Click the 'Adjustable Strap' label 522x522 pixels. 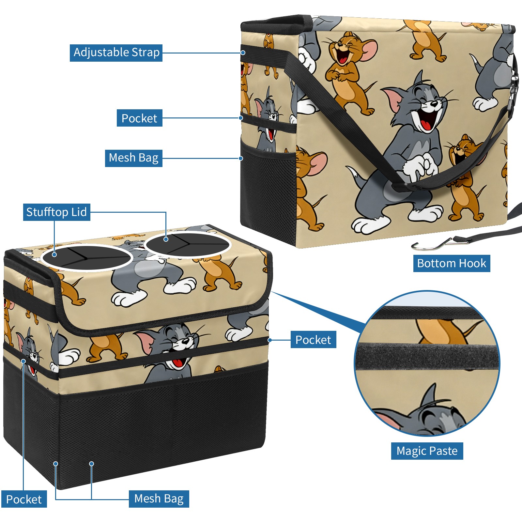(x=116, y=53)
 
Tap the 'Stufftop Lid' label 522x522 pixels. (x=57, y=212)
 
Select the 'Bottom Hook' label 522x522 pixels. (x=452, y=263)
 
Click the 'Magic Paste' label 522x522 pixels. (x=427, y=451)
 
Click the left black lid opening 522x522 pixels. (x=87, y=258)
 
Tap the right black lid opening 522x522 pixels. (x=188, y=245)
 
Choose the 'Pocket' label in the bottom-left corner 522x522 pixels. (x=24, y=499)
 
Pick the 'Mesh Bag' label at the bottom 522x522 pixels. (x=159, y=499)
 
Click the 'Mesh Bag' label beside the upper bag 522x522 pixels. (x=133, y=158)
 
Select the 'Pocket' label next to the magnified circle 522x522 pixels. (x=313, y=340)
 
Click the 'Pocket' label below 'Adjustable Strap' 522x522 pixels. (x=139, y=118)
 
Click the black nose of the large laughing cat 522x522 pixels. (x=434, y=104)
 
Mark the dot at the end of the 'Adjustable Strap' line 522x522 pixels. (x=243, y=53)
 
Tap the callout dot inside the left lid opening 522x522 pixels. (x=54, y=254)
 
